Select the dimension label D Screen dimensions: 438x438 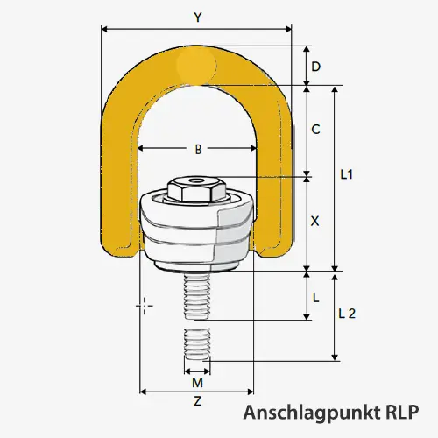click(x=315, y=67)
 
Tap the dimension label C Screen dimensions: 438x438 click(x=315, y=130)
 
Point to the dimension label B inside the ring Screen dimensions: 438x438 click(x=198, y=150)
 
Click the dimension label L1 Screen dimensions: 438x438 click(x=346, y=175)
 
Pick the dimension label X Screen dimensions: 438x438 click(x=315, y=223)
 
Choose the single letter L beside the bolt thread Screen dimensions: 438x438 click(x=315, y=296)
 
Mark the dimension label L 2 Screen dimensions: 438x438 click(x=346, y=314)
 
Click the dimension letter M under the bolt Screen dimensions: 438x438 click(x=197, y=383)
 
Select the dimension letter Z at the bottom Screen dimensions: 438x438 click(x=197, y=402)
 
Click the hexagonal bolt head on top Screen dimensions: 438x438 click(x=196, y=188)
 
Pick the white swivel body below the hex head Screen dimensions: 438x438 click(x=196, y=235)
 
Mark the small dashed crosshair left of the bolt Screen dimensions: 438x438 click(x=145, y=305)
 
